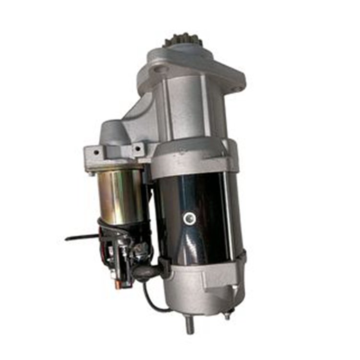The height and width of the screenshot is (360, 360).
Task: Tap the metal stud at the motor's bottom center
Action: coord(188,324)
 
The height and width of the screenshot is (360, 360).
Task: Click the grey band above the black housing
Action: coord(197,156)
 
